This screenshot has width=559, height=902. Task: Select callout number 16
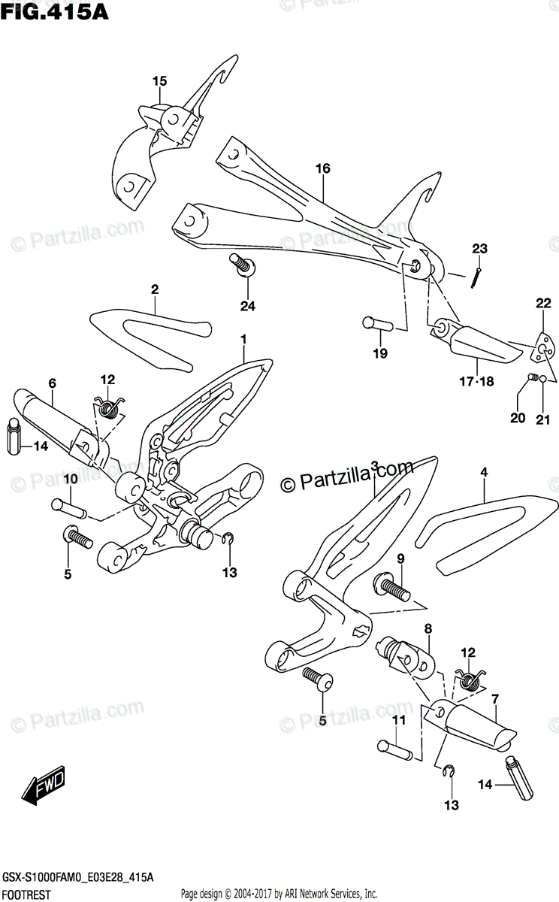[x=323, y=169]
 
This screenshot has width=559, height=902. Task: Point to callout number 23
[x=480, y=249]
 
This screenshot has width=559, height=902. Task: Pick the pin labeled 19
[x=379, y=323]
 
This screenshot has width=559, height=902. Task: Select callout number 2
[x=154, y=289]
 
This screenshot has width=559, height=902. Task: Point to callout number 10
[x=70, y=479]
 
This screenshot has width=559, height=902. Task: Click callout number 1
[x=243, y=340]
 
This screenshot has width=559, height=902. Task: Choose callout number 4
[x=484, y=473]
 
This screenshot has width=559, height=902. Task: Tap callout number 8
[x=428, y=628]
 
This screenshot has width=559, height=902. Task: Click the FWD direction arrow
[x=44, y=785]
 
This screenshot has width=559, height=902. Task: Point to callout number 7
[x=495, y=699]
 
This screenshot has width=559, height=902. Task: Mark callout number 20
[x=518, y=418]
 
